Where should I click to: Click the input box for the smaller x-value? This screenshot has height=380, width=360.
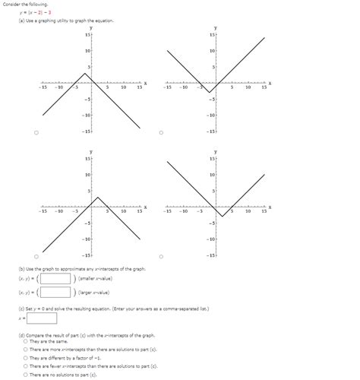tap(55, 278)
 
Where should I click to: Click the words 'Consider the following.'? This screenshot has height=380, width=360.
tap(23, 5)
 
